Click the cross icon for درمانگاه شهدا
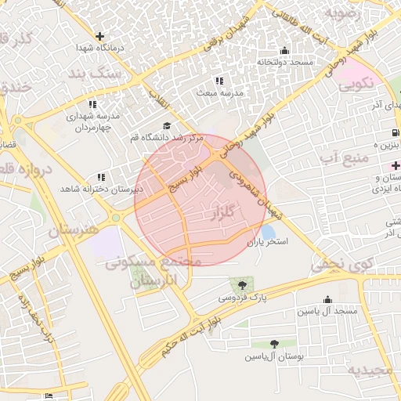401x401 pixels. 99,35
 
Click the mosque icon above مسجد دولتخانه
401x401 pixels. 284,51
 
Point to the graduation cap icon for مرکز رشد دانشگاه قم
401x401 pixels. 166,125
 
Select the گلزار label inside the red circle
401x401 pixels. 222,212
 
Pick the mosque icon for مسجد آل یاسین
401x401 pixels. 327,300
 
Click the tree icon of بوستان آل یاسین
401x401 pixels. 274,343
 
